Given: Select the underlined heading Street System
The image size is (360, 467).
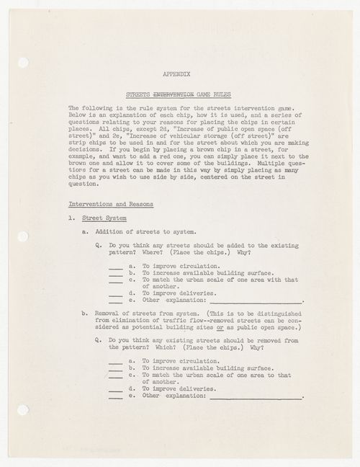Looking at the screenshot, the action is click(x=104, y=218).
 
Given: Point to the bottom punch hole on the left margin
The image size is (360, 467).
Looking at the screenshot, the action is click(x=22, y=409).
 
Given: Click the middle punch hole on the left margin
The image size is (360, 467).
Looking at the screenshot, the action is click(x=22, y=236).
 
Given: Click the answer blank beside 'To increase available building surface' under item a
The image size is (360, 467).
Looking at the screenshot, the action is click(x=116, y=273).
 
